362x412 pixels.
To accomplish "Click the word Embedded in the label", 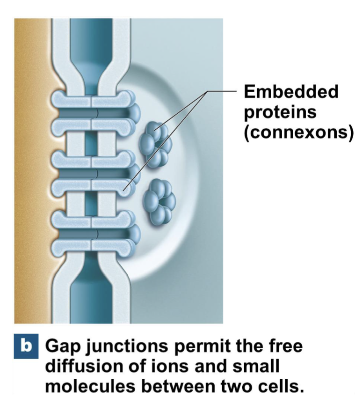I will click(x=290, y=92).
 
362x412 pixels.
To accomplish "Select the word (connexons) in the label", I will click(x=297, y=132).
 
